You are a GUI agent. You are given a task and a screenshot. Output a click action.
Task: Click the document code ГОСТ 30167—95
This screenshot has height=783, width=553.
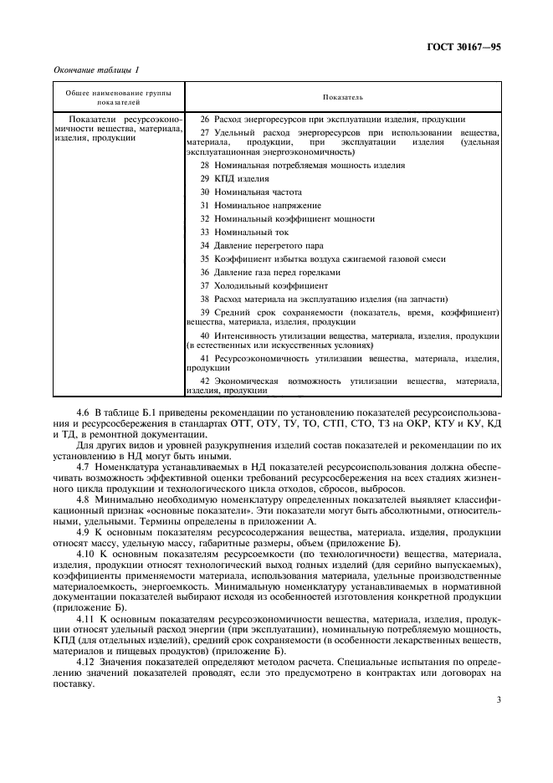(463, 49)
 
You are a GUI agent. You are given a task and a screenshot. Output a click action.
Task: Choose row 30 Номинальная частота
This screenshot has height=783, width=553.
(252, 192)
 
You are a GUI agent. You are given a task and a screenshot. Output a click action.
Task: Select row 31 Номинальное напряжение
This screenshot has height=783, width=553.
(259, 206)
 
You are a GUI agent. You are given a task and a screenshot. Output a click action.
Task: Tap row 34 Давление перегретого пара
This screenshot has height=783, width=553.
(269, 245)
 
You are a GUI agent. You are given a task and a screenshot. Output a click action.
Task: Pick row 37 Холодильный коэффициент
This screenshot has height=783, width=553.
(264, 285)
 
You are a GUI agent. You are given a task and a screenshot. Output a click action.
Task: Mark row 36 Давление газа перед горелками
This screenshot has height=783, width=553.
(270, 272)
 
